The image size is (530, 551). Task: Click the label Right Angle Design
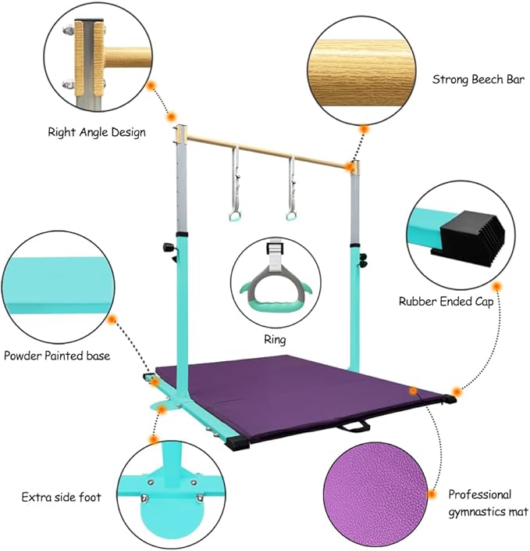[x=97, y=133]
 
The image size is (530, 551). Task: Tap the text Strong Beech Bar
[x=478, y=80]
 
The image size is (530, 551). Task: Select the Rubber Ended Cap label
[x=446, y=302]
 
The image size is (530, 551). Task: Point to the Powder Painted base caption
[x=57, y=356]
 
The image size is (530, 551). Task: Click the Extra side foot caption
[x=62, y=497]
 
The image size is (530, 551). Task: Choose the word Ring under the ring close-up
[x=275, y=340]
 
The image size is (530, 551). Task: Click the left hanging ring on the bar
[x=233, y=215]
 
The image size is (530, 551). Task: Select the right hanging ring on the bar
[x=290, y=215]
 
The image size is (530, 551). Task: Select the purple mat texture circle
[x=375, y=495]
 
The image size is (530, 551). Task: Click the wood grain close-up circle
[x=361, y=70]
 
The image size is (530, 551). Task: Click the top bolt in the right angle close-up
[x=69, y=30]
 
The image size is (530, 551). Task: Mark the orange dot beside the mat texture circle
[x=432, y=495]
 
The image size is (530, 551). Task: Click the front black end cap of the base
[x=238, y=443]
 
